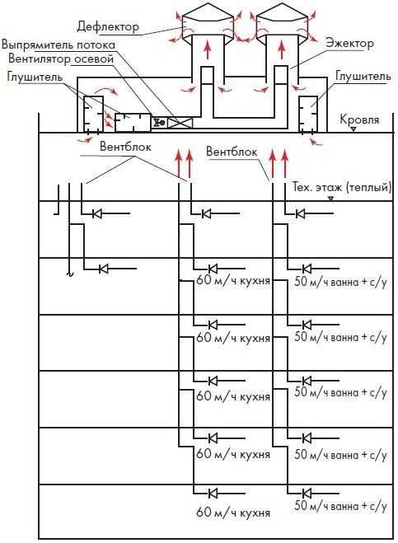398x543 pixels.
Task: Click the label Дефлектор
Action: click(x=108, y=27)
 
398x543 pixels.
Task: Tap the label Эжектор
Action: click(x=349, y=44)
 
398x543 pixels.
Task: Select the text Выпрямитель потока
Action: click(x=59, y=45)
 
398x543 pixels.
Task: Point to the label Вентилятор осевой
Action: click(x=61, y=59)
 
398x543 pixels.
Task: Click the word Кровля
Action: click(x=359, y=119)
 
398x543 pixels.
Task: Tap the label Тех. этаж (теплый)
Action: click(x=342, y=187)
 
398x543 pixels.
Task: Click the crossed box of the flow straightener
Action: click(x=180, y=123)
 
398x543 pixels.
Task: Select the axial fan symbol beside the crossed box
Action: click(x=159, y=123)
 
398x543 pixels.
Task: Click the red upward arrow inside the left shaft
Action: click(x=207, y=49)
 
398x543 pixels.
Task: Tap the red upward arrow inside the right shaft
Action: click(x=281, y=49)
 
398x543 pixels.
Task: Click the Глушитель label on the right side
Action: click(x=363, y=76)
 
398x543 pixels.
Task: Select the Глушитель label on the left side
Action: click(x=35, y=77)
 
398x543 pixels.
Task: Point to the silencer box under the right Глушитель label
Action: click(x=308, y=114)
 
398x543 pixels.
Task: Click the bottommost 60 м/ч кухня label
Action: click(x=233, y=513)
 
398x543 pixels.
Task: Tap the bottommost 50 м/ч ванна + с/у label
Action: click(x=340, y=506)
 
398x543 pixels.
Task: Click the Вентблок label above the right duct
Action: click(x=232, y=152)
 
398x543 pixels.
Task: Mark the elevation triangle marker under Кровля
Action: click(x=354, y=129)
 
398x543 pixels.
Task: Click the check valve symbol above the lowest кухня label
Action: click(x=213, y=493)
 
